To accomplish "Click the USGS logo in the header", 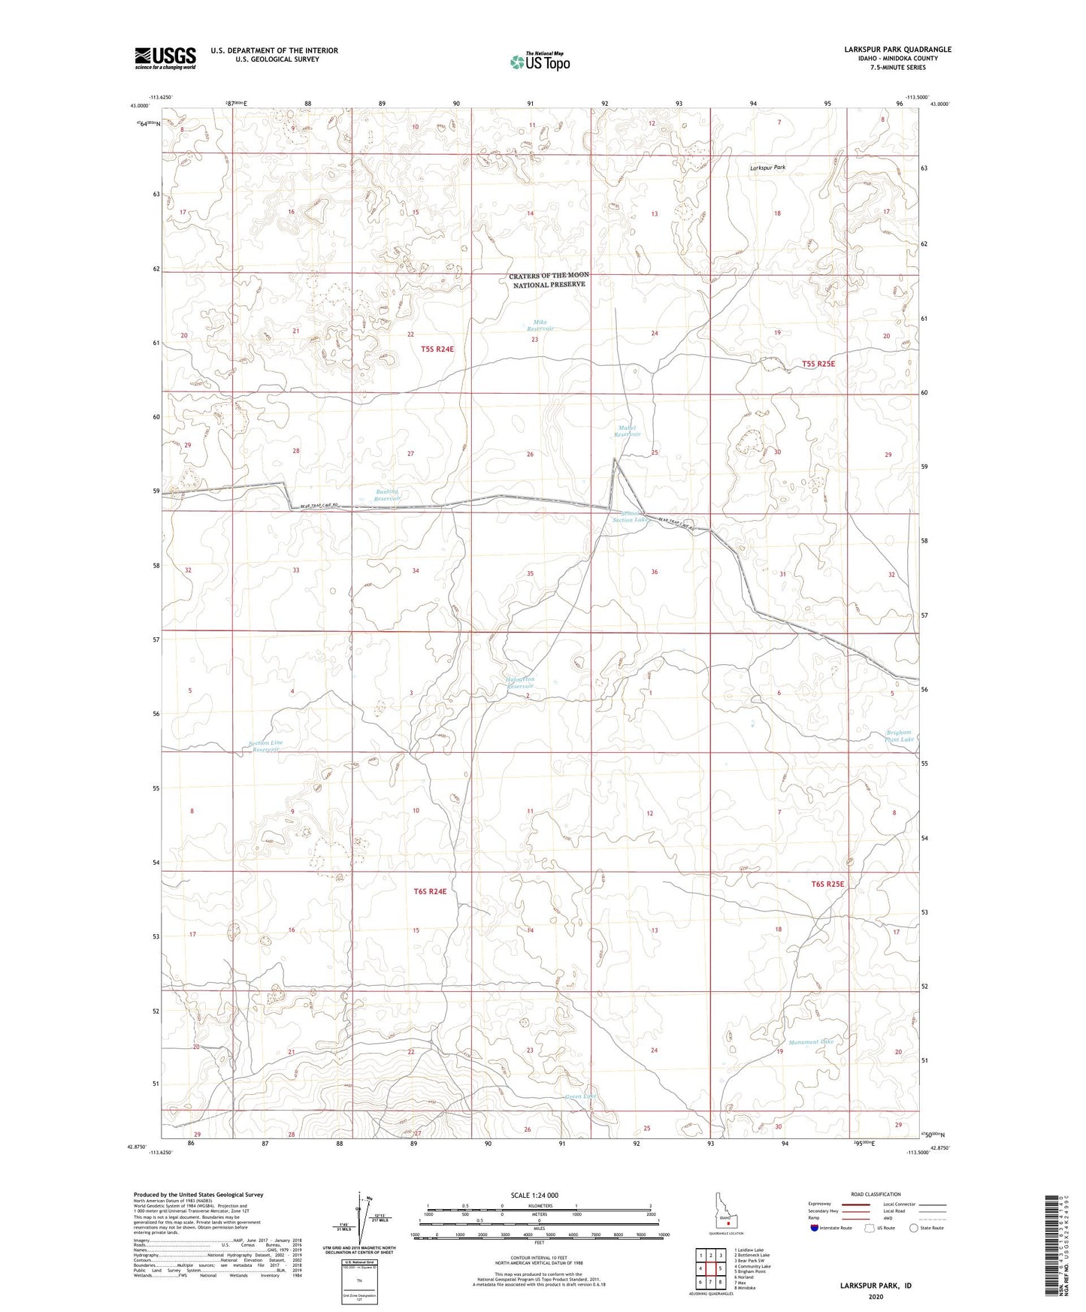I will coord(165,57).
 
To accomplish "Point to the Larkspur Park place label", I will coord(767,168).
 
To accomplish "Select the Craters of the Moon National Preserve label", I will coord(549,280).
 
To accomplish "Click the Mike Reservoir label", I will coord(540,325).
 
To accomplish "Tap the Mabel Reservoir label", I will coord(627,431).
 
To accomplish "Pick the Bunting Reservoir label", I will coord(388,495).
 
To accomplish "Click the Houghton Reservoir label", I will coord(519,682).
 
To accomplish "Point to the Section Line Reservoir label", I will coord(266,746).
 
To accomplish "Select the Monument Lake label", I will coord(811,1042).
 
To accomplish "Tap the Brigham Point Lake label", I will coord(899,736).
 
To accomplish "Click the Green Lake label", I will coord(580,1096).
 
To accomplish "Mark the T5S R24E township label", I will coord(437,349).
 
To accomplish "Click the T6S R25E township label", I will coord(827,884).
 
